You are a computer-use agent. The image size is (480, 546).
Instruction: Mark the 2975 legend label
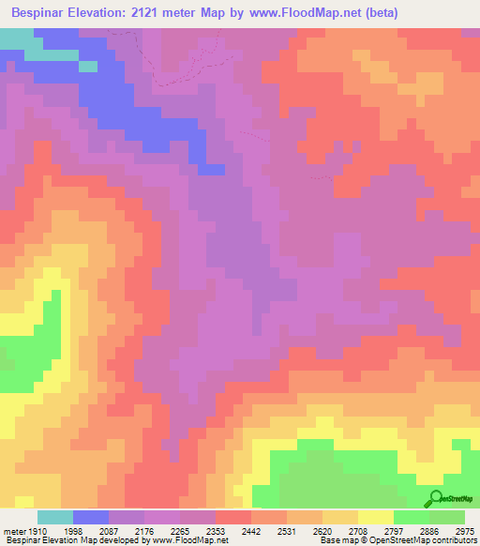pyautogui.click(x=462, y=531)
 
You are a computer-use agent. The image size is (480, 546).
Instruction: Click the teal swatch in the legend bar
pyautogui.click(x=55, y=517)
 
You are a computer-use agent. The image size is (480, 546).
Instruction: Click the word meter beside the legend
pyautogui.click(x=15, y=531)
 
